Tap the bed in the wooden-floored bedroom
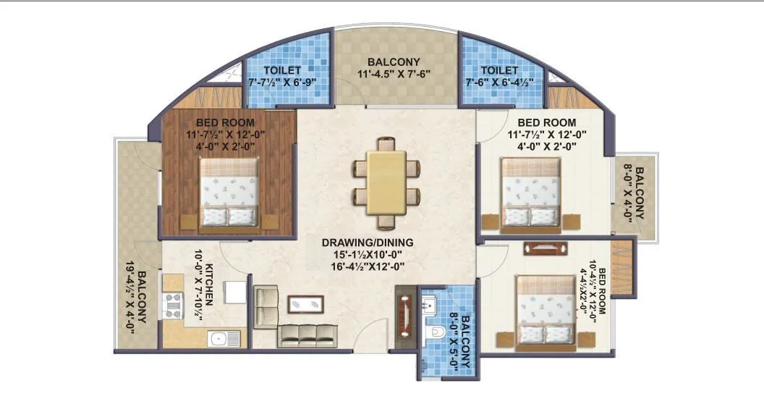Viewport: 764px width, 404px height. click(229, 193)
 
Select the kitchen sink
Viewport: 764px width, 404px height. click(217, 337)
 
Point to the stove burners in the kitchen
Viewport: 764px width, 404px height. click(174, 304)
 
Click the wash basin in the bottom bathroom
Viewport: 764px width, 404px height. click(429, 303)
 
